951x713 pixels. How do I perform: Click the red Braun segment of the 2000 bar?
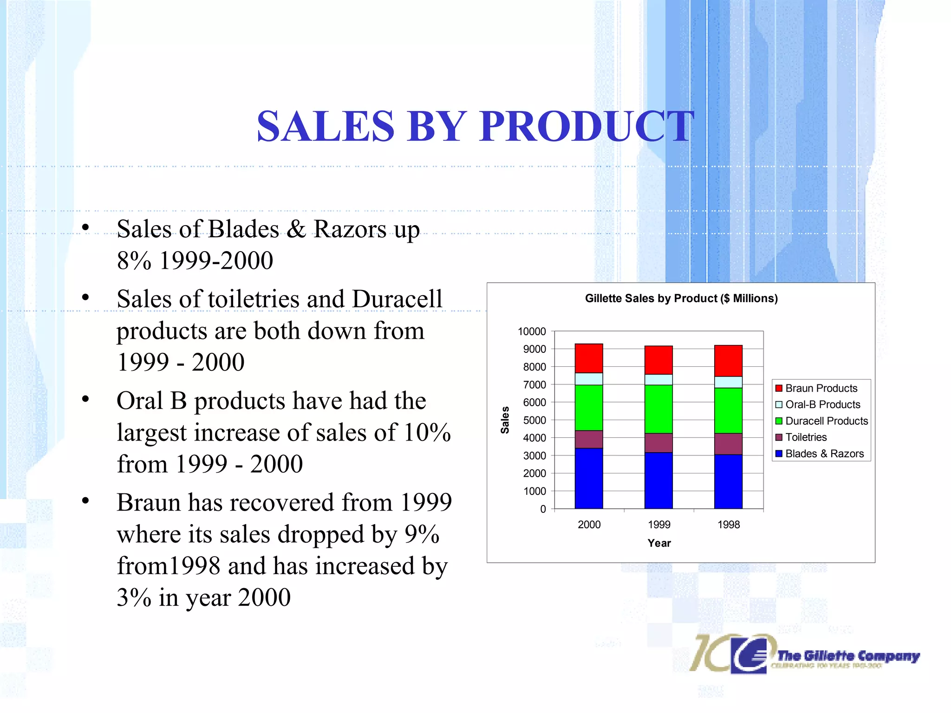click(588, 358)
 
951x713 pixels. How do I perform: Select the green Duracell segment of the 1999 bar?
click(658, 408)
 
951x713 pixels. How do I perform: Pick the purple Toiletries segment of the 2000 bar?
click(588, 439)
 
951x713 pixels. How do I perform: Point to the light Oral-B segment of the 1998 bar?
click(728, 382)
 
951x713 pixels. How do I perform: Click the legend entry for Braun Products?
click(821, 388)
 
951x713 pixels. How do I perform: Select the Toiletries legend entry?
click(806, 437)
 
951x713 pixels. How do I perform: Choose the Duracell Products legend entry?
click(826, 421)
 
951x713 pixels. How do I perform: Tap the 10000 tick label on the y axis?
click(532, 331)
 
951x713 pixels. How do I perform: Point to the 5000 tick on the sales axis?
click(534, 420)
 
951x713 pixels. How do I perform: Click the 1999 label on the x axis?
click(659, 525)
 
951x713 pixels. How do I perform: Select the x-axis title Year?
click(659, 543)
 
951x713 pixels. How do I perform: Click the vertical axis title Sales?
click(505, 420)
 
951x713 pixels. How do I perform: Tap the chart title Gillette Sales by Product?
click(681, 298)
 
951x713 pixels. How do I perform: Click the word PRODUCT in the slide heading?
click(587, 126)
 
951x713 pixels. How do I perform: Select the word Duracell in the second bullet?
click(397, 299)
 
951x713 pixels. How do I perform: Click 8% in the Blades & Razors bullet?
click(134, 260)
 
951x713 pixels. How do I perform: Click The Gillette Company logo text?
click(848, 656)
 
